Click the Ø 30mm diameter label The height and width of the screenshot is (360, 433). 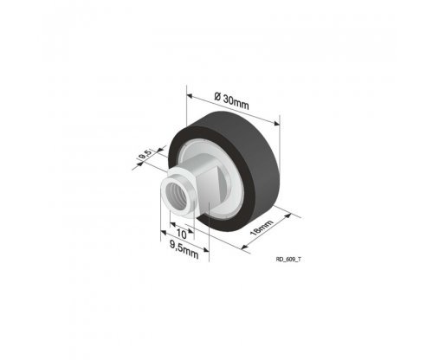coord(232,100)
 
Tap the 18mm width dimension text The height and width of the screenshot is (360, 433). coord(262,228)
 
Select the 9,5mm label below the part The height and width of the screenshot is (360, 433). coord(184,250)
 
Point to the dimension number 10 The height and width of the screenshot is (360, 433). coord(181,234)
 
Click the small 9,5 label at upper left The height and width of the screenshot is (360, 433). coord(145,155)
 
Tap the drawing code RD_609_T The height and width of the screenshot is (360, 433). coord(288,260)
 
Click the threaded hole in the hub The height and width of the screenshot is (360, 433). coord(177,196)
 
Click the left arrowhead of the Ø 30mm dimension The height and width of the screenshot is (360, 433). coord(190,96)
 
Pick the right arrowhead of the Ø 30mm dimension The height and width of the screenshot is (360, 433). coord(276,124)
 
